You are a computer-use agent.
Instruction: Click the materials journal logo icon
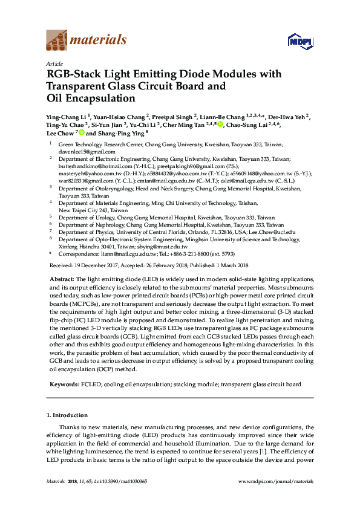pyautogui.click(x=57, y=41)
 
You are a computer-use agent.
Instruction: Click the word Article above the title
pyautogui.click(x=54, y=63)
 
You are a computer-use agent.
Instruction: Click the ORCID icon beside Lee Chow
pyautogui.click(x=81, y=134)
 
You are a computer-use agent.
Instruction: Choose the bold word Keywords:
pyautogui.click(x=64, y=384)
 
